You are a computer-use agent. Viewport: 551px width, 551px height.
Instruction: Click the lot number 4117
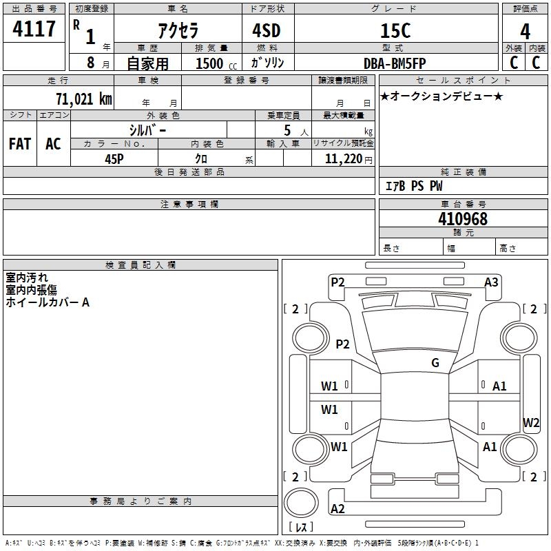point(34,30)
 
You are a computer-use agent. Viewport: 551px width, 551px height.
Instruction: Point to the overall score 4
point(526,32)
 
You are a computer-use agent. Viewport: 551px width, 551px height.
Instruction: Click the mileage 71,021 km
point(83,98)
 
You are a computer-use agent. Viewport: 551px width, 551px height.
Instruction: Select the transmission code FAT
point(20,143)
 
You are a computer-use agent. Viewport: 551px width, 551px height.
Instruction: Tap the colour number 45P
point(114,158)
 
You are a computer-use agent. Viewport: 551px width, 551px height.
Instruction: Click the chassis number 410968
point(463,219)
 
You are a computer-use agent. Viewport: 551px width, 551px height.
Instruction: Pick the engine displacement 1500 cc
point(214,63)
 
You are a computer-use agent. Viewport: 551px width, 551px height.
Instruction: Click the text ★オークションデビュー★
point(441,96)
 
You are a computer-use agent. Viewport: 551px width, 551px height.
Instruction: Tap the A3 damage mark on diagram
point(491,282)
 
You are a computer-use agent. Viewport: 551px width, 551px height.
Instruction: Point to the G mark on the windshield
point(435,363)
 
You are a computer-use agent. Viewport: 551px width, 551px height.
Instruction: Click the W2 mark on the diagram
point(531,423)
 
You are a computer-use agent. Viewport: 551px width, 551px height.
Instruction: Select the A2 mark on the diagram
point(337,509)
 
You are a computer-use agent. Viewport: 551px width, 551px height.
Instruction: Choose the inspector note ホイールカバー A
point(48,302)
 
